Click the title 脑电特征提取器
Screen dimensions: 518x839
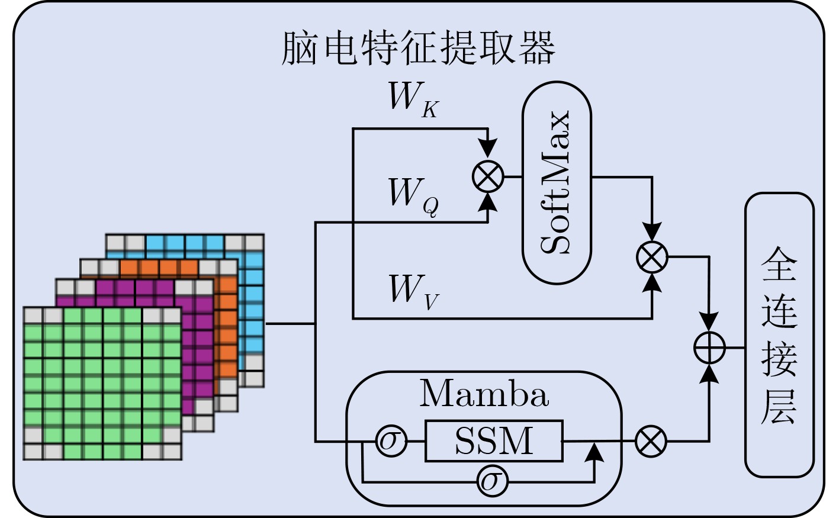419,47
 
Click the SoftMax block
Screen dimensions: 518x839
557,182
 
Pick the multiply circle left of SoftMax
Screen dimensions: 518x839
488,176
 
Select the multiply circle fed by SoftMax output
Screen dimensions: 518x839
652,258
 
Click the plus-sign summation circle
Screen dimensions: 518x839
709,348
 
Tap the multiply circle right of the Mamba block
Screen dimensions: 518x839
651,441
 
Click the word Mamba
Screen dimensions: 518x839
484,394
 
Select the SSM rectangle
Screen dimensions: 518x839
494,441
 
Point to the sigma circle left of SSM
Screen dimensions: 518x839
391,441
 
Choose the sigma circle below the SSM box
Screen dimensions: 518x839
493,482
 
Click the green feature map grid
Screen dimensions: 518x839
102,383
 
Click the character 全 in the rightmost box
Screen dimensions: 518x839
779,265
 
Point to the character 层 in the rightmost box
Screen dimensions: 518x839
779,407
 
